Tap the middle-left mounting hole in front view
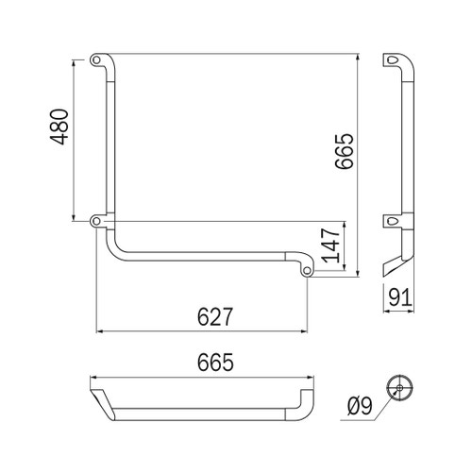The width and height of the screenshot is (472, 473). (x=97, y=222)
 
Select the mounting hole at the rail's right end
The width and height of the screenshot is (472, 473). (x=309, y=272)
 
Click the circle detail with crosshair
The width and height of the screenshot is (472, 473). (x=400, y=390)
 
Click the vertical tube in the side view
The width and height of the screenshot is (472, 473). (x=404, y=142)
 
